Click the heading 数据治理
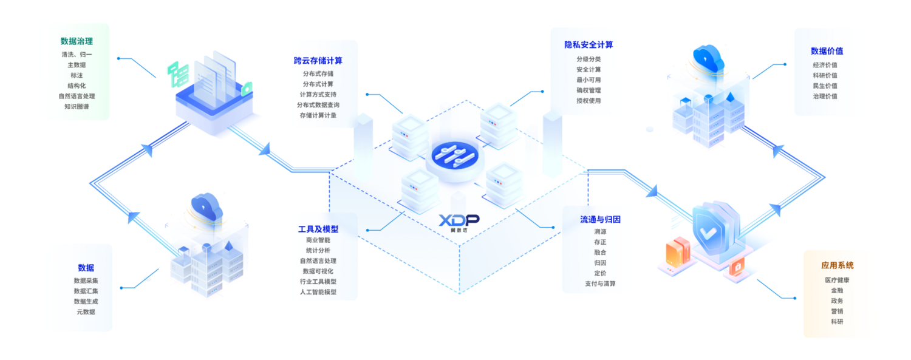(x=77, y=41)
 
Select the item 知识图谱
(x=77, y=106)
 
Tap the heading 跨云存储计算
(x=318, y=61)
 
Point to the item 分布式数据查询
(x=318, y=105)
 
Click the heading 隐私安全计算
(x=589, y=45)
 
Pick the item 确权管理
(x=589, y=90)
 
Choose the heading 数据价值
(x=827, y=51)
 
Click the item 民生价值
(x=825, y=86)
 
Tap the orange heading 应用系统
(x=837, y=265)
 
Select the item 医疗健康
(x=837, y=280)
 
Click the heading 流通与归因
(x=600, y=219)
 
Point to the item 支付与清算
(x=600, y=284)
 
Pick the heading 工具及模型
(x=318, y=229)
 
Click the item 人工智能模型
(x=318, y=292)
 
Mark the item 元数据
(x=86, y=311)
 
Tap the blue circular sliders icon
(x=455, y=155)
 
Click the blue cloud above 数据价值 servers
(x=709, y=58)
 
